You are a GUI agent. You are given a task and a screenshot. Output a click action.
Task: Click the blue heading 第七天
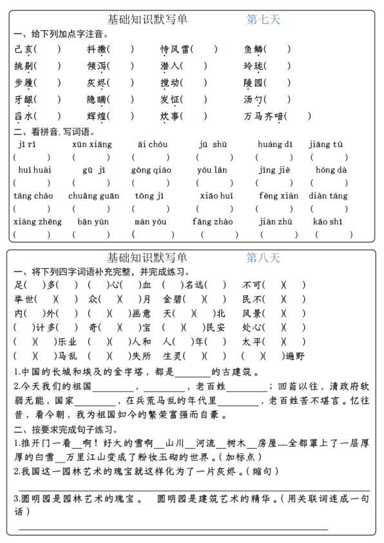pos(264,20)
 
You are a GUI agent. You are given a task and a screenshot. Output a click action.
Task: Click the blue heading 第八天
pos(264,258)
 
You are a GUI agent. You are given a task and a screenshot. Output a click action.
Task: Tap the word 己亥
pos(24,49)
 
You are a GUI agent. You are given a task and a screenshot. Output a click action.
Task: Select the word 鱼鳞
pos(254,49)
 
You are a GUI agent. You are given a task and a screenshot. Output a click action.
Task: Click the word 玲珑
pos(254,66)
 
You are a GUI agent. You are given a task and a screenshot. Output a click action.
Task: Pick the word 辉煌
pos(98,117)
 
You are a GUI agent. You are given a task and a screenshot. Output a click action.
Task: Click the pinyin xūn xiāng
pos(91,144)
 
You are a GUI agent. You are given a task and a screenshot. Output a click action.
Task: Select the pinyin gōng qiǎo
pos(151,170)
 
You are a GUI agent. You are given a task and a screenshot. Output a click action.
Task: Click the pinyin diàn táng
pos(328,196)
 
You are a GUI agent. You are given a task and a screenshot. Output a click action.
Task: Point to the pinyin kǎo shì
pos(328,222)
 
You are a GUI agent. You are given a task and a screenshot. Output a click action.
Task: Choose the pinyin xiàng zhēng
pos(37,222)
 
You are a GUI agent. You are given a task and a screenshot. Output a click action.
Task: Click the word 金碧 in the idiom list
pos(173,299)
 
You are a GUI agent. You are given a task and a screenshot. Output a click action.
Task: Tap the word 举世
pos(24,299)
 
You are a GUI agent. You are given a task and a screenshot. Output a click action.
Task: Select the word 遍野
pos(295,355)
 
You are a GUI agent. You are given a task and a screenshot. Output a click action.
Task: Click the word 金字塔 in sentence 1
pos(134,372)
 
